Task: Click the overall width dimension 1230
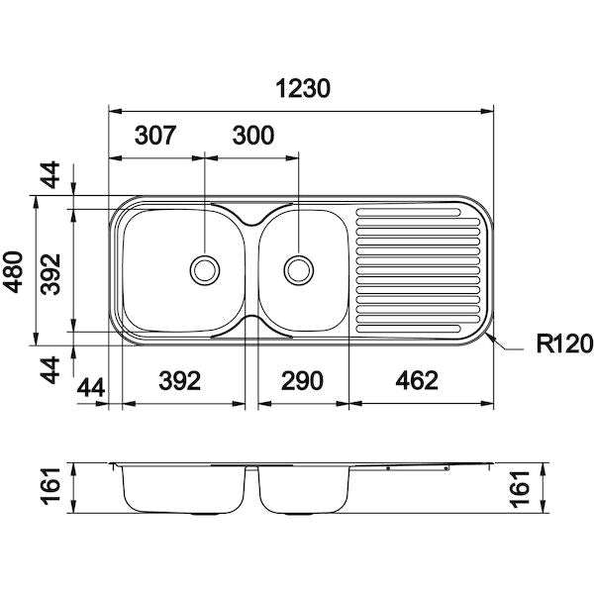point(303,89)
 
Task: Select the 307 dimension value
point(155,136)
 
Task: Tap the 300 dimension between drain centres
point(253,136)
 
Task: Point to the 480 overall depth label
point(13,271)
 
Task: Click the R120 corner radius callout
point(564,344)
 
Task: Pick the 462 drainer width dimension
point(417,380)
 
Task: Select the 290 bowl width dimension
point(302,380)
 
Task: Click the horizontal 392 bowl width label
point(179,380)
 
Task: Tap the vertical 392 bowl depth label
point(50,274)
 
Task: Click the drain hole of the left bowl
point(205,270)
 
